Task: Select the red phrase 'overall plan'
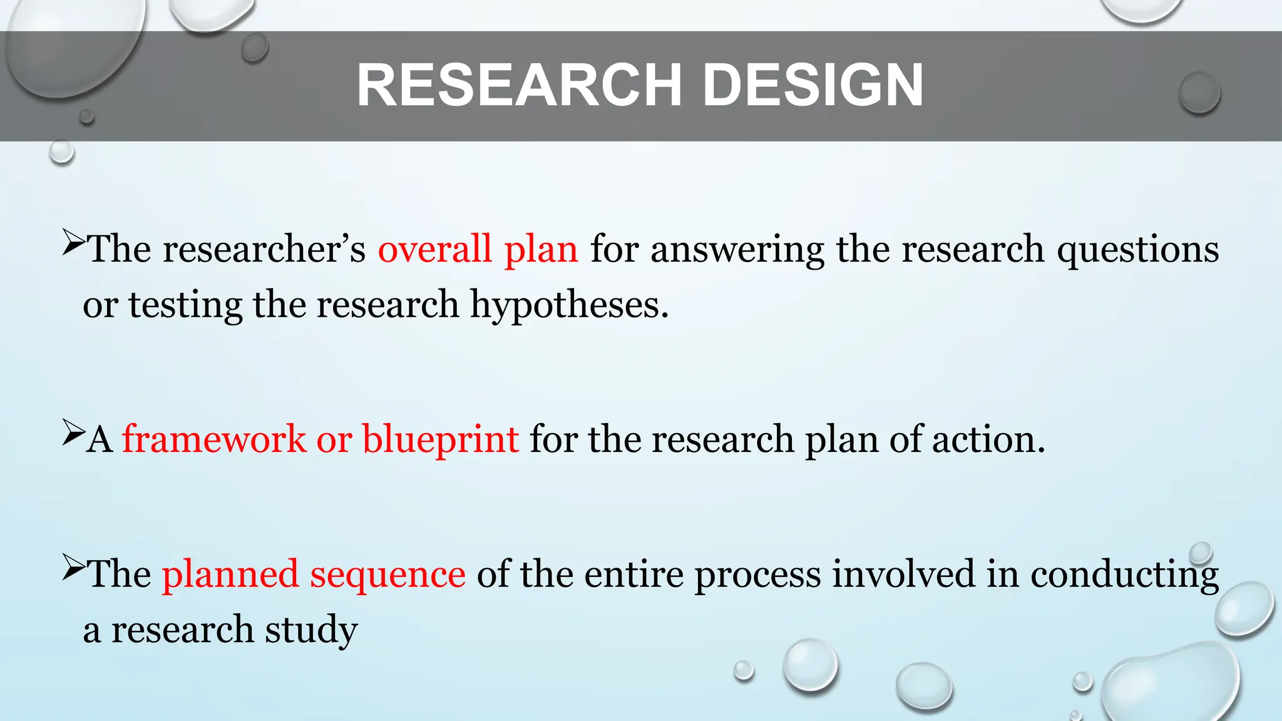(478, 249)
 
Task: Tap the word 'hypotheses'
(568, 305)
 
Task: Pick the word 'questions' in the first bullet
(1137, 249)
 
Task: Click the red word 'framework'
(213, 439)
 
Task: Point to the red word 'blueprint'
(440, 439)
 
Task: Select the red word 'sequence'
(387, 575)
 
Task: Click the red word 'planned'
(230, 575)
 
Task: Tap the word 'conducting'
(1124, 575)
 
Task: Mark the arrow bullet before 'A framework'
(73, 433)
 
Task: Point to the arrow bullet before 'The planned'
(73, 568)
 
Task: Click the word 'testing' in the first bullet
(185, 305)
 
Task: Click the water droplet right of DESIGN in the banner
(1199, 93)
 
